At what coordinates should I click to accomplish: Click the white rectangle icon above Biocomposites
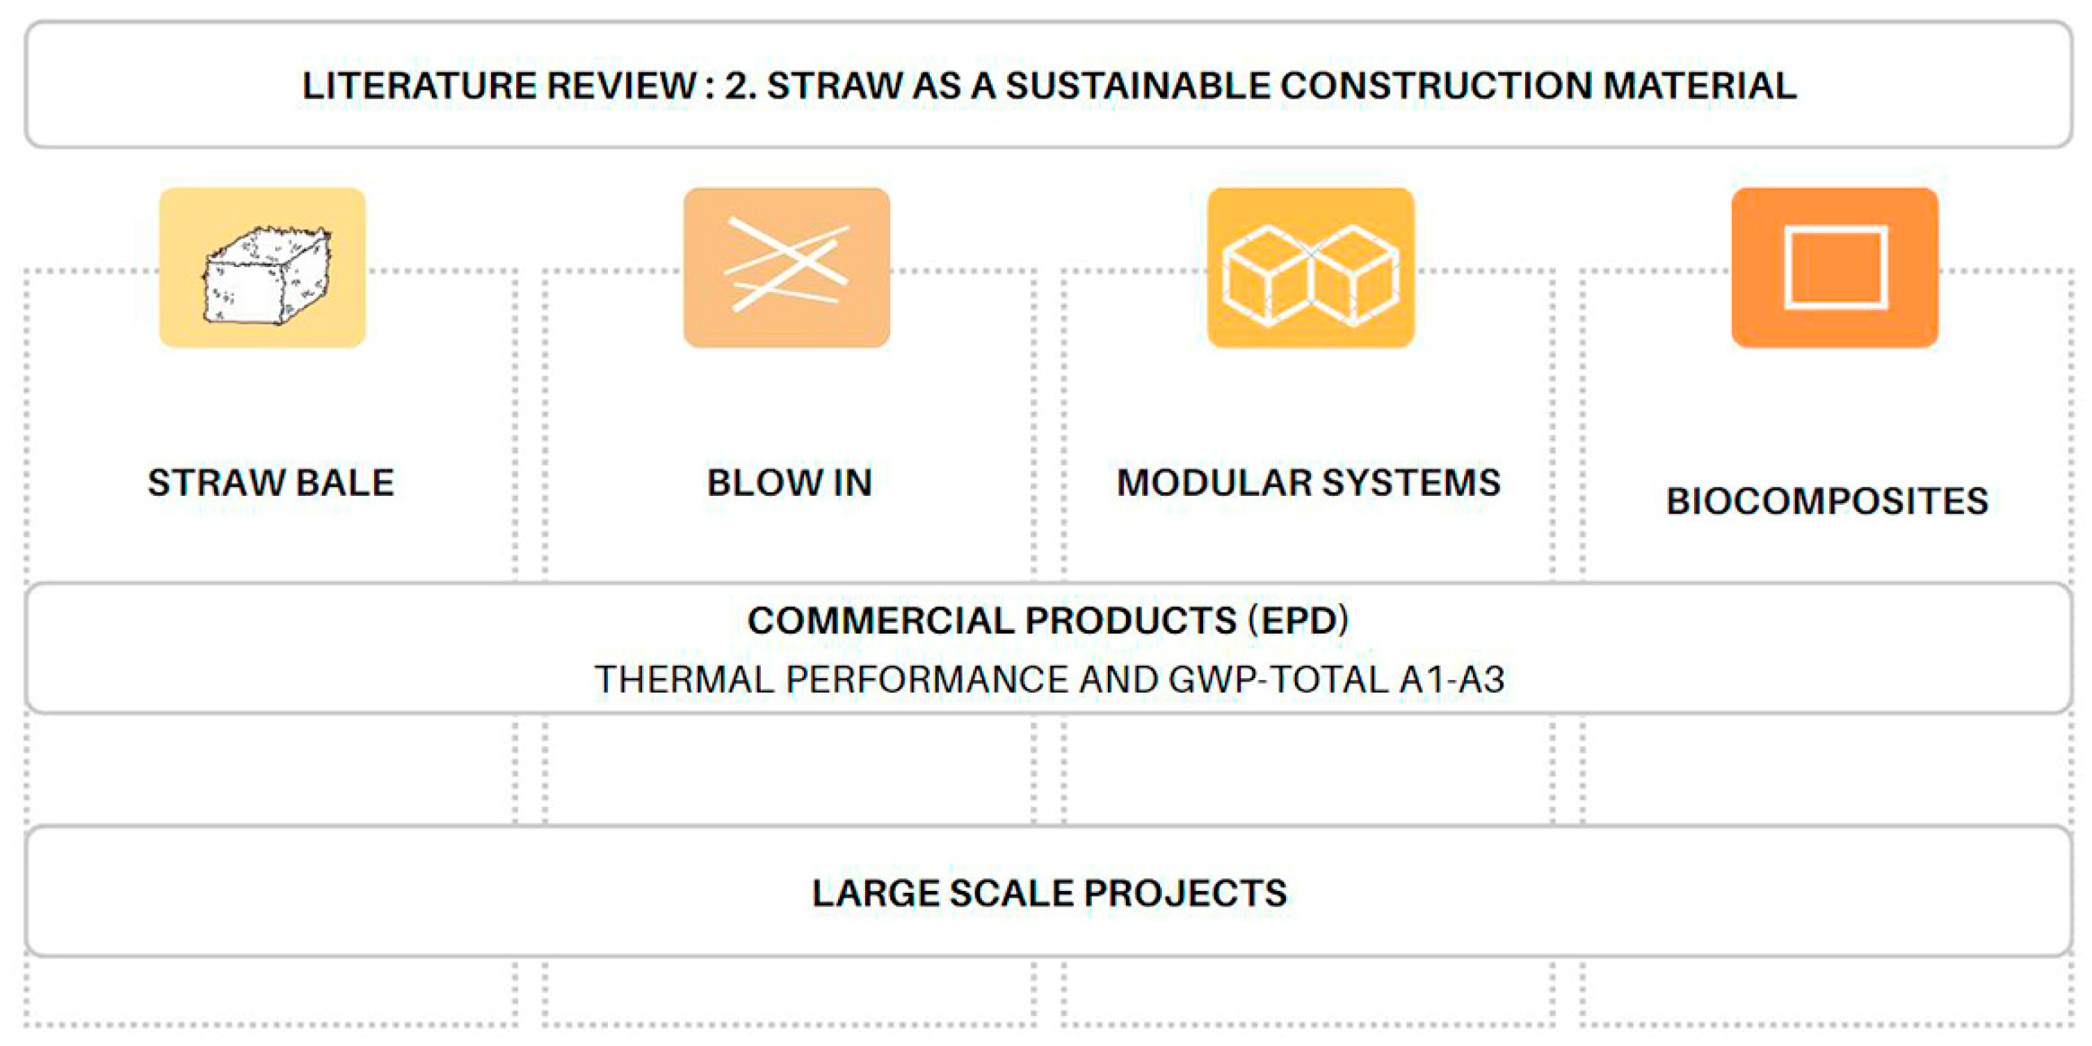[x=1835, y=267]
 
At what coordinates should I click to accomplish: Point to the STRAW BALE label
[x=271, y=483]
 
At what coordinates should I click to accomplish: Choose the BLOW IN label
[x=789, y=483]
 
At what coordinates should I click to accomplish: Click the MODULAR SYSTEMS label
[x=1308, y=483]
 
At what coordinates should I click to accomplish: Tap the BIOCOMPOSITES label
[x=1827, y=501]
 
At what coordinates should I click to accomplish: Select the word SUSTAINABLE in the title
[x=1138, y=86]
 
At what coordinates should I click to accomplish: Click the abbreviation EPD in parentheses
[x=1298, y=621]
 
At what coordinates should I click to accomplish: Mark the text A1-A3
[x=1452, y=679]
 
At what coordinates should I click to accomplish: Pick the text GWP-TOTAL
[x=1278, y=679]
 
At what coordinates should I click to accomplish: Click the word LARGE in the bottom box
[x=874, y=893]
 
